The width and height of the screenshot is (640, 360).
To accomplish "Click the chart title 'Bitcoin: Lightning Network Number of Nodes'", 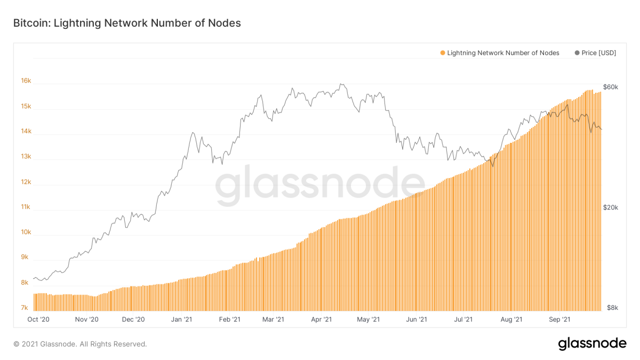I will click(x=126, y=23).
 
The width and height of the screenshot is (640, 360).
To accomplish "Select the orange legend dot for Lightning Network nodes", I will click(x=442, y=53).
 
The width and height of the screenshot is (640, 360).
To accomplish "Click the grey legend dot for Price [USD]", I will click(x=577, y=53).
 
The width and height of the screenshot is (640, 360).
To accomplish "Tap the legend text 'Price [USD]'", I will click(x=599, y=53).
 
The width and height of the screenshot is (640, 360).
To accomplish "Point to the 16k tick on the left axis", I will click(x=26, y=81).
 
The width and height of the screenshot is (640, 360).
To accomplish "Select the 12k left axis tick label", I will click(x=26, y=182).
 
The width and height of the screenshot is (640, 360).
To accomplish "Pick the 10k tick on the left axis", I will click(x=26, y=233).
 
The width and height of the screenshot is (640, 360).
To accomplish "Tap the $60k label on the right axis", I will click(x=610, y=87).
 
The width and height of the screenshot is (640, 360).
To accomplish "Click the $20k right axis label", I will click(x=610, y=207).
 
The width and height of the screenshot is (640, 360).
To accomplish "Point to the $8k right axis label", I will click(x=612, y=308).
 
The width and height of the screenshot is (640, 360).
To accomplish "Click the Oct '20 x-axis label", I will click(x=38, y=319).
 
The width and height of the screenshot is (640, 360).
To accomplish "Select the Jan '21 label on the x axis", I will click(x=181, y=319).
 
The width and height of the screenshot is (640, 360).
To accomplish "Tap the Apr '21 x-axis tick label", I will click(x=321, y=319).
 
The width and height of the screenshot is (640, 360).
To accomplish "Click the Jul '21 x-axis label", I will click(x=463, y=319).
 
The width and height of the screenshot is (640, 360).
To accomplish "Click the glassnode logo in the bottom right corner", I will click(x=592, y=343).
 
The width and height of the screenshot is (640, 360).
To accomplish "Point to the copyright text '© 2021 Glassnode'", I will click(x=80, y=344).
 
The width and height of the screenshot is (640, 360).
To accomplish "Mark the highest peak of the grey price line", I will click(x=341, y=84).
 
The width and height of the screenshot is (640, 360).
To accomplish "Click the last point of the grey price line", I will click(x=602, y=129).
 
